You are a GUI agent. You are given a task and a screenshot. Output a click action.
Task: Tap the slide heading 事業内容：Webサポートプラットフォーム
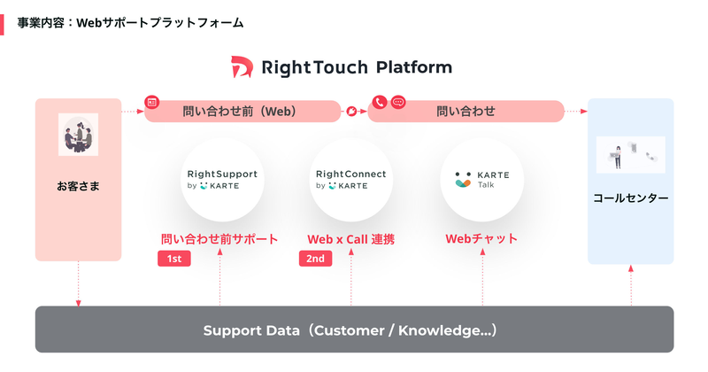tap(130, 22)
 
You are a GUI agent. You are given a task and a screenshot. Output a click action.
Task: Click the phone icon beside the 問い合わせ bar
tap(379, 103)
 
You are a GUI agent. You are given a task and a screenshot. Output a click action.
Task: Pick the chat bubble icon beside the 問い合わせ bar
tap(397, 103)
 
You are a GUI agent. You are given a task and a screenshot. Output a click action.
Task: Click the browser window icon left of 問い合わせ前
tap(152, 103)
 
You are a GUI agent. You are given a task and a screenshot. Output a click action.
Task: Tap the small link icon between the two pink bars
tap(353, 112)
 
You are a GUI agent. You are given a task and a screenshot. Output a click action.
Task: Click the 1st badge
tap(174, 259)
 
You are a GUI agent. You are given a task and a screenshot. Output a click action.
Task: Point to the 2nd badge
tap(316, 259)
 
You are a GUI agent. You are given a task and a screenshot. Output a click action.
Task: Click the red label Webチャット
tap(481, 239)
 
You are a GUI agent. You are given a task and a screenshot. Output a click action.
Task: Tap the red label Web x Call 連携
tap(350, 239)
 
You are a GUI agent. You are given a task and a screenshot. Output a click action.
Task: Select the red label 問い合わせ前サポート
tap(219, 239)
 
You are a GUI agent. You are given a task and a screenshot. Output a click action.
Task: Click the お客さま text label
tap(78, 187)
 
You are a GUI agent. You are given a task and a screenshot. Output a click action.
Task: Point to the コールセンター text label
tap(630, 198)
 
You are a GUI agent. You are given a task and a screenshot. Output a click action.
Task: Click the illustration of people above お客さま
tap(78, 135)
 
